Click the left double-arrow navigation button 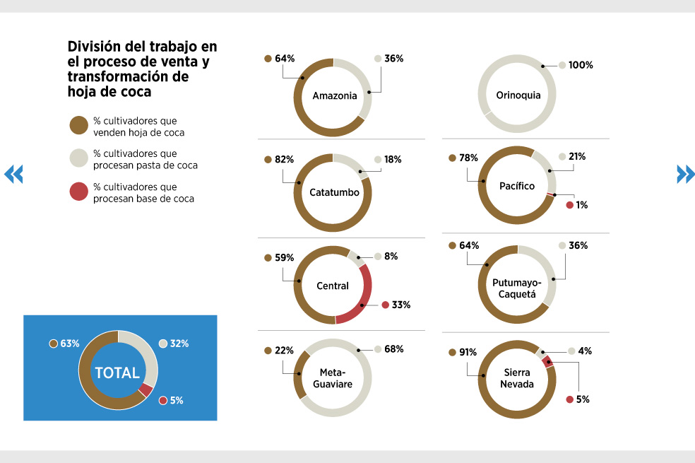[13, 174]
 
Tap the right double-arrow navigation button [685, 174]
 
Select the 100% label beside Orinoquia [581, 65]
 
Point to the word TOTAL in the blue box [117, 373]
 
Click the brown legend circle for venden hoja [79, 126]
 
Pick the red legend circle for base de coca [79, 192]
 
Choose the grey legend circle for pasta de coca [79, 158]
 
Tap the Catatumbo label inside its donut [334, 192]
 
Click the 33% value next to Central [401, 305]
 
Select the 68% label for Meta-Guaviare [394, 349]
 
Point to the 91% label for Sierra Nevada [468, 352]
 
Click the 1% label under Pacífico [582, 205]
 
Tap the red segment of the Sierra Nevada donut [548, 361]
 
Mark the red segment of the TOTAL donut [145, 389]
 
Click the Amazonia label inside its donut [335, 96]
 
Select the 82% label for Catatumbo [284, 160]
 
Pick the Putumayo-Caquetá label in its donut [517, 288]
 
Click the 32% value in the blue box [179, 344]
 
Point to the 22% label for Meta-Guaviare [284, 351]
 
